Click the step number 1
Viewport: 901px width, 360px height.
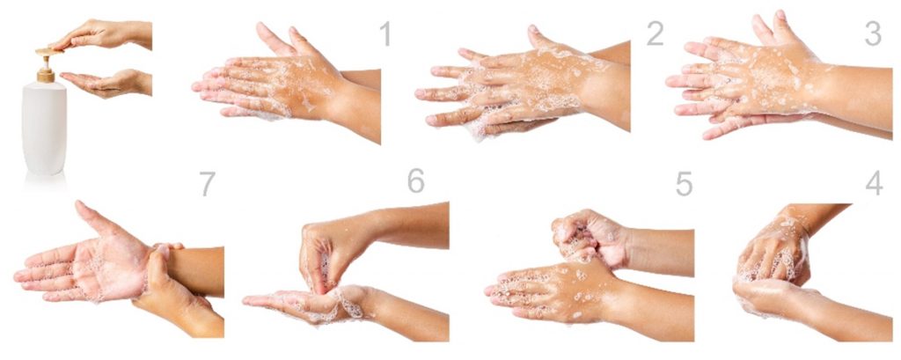pyautogui.click(x=385, y=34)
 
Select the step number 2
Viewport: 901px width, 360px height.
pyautogui.click(x=654, y=33)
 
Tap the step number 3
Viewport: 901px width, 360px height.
pyautogui.click(x=872, y=33)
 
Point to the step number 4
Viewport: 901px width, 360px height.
pyautogui.click(x=873, y=183)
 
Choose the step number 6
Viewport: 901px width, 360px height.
pyautogui.click(x=415, y=180)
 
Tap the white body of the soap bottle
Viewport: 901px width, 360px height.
pyautogui.click(x=44, y=128)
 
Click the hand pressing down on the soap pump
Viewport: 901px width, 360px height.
pyautogui.click(x=101, y=35)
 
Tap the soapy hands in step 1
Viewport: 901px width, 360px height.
pyautogui.click(x=273, y=84)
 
